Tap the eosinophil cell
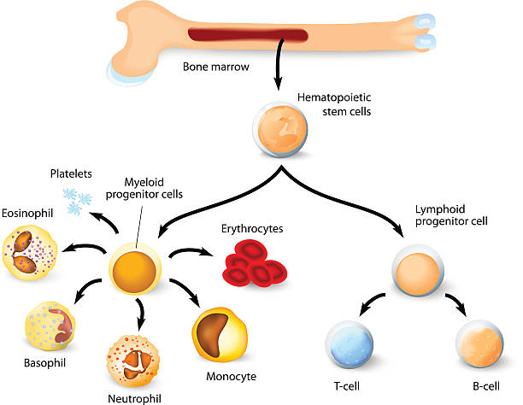tap(32, 255)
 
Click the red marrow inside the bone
tap(248, 36)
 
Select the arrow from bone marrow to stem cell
tap(278, 71)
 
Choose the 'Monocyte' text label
tap(231, 376)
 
